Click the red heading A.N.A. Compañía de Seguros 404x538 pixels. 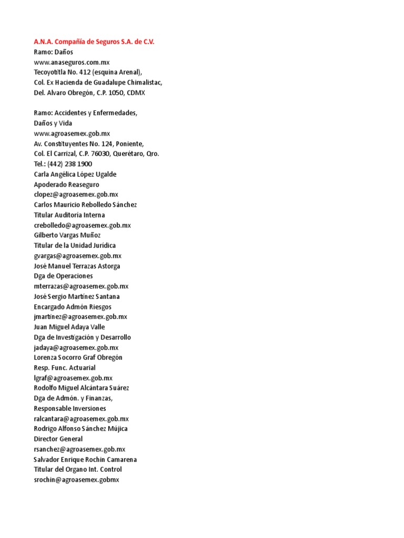[x=94, y=42]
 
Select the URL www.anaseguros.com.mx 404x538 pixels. [x=72, y=62]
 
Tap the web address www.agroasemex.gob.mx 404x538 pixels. [x=72, y=133]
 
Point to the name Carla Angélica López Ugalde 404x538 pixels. [x=75, y=174]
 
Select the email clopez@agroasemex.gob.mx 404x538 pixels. [x=76, y=194]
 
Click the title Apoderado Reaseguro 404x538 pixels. [x=66, y=184]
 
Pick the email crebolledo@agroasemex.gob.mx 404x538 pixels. [x=82, y=225]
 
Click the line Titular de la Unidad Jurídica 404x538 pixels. [x=75, y=245]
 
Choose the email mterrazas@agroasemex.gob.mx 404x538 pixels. [x=81, y=286]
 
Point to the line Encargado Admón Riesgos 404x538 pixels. [x=73, y=307]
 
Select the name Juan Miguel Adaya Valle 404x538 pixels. [x=69, y=327]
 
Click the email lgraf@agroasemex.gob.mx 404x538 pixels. [x=73, y=378]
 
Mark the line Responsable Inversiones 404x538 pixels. [x=70, y=408]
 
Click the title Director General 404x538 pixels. [x=58, y=439]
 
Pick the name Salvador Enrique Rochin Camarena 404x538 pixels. [x=85, y=459]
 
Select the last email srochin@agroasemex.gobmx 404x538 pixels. [x=77, y=480]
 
